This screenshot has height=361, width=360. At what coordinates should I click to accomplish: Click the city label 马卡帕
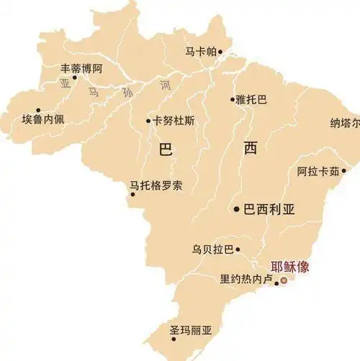[200, 52]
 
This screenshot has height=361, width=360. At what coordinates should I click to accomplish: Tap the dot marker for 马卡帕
[220, 52]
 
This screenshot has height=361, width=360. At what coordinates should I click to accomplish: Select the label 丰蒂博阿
[82, 69]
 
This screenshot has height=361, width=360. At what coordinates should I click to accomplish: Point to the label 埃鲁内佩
[42, 119]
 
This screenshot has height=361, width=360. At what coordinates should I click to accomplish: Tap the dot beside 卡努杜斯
[149, 121]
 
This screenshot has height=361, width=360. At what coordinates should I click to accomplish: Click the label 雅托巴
[251, 100]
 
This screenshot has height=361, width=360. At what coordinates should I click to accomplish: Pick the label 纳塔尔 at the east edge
[345, 123]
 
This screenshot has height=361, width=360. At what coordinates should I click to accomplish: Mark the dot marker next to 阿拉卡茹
[344, 171]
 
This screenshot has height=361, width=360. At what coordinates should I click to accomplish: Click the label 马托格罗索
[156, 186]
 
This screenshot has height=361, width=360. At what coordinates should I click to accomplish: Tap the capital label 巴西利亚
[270, 209]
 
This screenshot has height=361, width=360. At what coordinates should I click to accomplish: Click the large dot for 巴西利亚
[237, 209]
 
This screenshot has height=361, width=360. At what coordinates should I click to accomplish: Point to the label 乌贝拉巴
[212, 250]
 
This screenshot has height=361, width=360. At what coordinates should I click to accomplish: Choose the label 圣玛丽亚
[191, 331]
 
